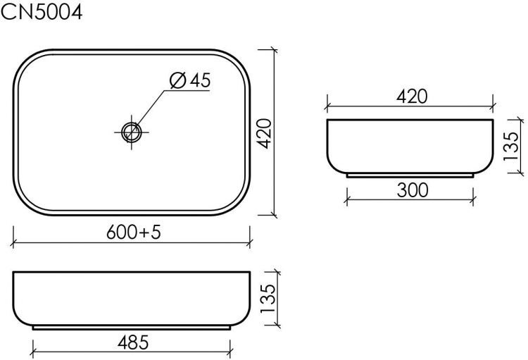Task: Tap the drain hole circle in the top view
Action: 131,131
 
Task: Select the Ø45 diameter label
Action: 190,81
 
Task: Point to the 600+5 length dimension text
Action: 134,231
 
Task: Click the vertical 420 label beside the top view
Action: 263,132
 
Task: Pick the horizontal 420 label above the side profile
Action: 412,97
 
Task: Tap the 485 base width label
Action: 132,342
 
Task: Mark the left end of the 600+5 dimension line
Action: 14,244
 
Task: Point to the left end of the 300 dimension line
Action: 346,198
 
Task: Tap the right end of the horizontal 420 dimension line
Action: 494,108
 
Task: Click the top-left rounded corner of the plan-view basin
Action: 25,60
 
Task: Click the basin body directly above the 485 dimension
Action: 132,299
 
